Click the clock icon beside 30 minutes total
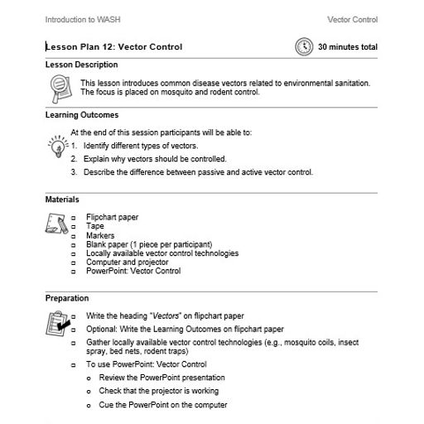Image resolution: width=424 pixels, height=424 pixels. click(x=304, y=47)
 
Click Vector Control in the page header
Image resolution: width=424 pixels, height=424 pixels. click(x=352, y=19)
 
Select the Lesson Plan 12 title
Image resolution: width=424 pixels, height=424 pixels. click(x=114, y=47)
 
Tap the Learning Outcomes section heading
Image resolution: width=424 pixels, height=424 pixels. click(x=81, y=115)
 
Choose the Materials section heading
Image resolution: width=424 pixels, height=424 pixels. click(x=62, y=200)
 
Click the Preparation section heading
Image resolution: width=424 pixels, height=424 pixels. click(x=66, y=298)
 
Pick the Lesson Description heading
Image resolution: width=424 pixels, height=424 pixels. click(x=81, y=65)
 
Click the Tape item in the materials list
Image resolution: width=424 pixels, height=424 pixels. click(x=94, y=226)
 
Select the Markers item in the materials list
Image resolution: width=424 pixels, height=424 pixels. click(x=100, y=235)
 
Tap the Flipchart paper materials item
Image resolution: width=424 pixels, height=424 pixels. click(x=113, y=217)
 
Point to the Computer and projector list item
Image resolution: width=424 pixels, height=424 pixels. click(x=127, y=262)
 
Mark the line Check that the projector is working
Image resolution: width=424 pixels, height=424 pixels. click(x=159, y=391)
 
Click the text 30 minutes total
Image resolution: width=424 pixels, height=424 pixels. click(x=348, y=47)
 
